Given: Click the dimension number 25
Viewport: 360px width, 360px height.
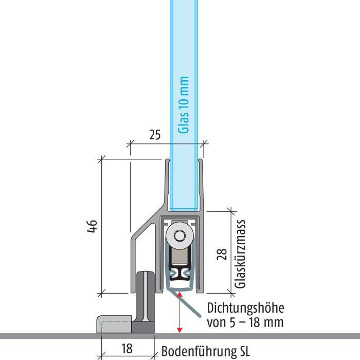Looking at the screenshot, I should [x=154, y=135].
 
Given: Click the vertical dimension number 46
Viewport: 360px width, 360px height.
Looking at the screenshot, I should [x=91, y=227].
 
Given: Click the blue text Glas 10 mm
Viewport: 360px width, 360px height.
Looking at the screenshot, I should [x=184, y=105].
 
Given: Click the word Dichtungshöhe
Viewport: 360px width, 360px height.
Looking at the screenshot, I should [x=245, y=309].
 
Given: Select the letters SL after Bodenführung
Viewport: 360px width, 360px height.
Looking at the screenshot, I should [x=243, y=352].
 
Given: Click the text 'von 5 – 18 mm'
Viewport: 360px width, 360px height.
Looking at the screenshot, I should [x=245, y=323].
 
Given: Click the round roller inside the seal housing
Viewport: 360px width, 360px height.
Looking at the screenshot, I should [x=180, y=236].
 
